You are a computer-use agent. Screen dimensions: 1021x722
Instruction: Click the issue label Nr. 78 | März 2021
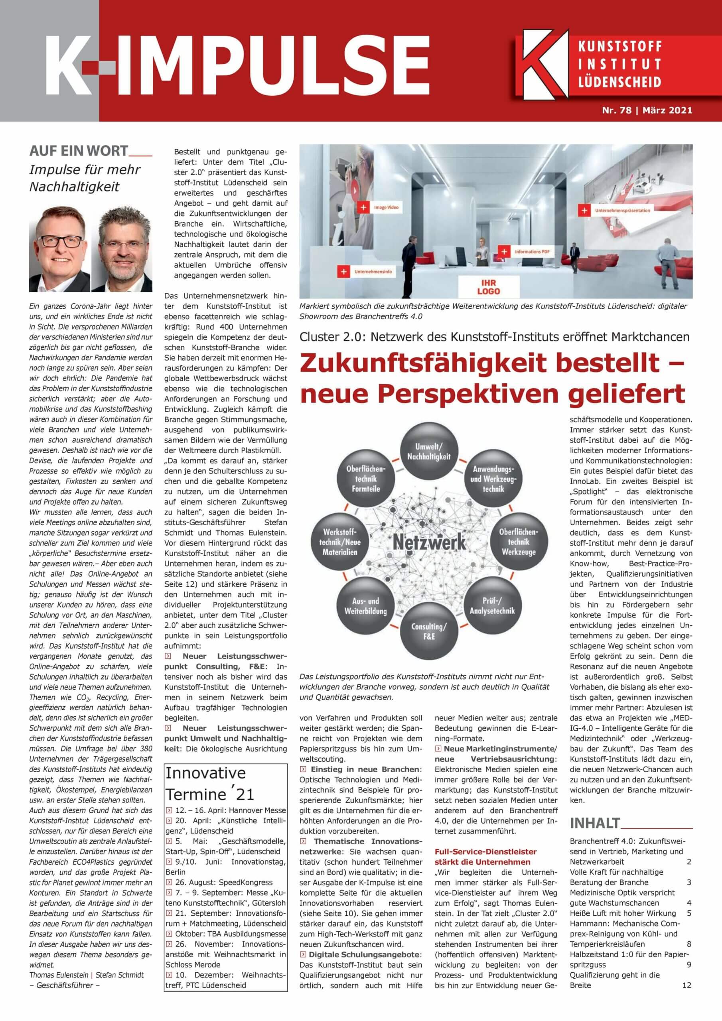pos(647,110)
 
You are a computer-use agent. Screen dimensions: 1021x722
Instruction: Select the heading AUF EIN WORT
pos(79,151)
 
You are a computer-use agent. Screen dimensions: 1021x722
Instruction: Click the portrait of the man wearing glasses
pos(59,250)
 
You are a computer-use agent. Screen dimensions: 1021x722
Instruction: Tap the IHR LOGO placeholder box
pos(489,287)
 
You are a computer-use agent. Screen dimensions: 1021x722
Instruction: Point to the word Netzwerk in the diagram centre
pos(429,542)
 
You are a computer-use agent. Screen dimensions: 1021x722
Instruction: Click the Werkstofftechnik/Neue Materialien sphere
pos(340,542)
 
